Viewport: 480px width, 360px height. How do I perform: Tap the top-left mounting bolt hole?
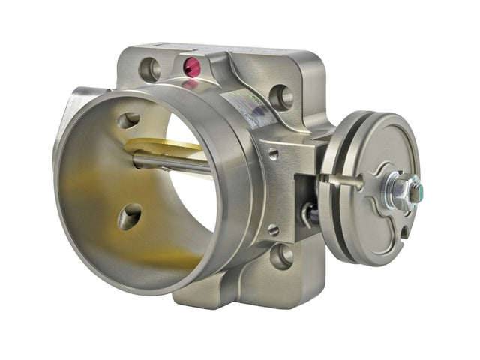click(150, 70)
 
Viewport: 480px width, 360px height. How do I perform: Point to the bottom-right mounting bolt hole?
click(281, 256)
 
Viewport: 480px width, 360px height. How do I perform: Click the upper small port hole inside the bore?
click(128, 120)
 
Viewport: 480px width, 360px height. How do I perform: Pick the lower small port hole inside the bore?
click(130, 217)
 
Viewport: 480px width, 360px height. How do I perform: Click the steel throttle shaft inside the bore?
click(172, 163)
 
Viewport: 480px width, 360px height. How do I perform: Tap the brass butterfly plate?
click(161, 146)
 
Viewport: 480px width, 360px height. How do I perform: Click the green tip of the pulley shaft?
click(415, 190)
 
